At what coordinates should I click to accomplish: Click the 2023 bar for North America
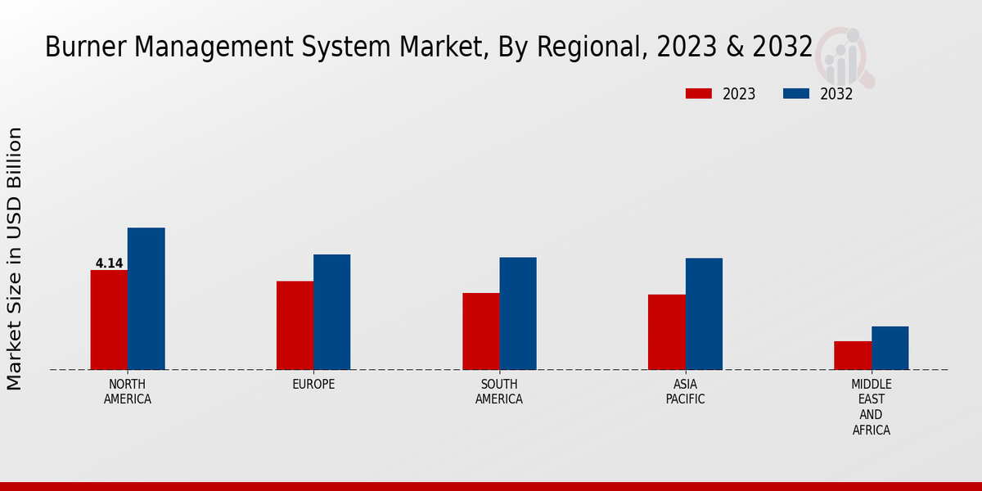(x=109, y=320)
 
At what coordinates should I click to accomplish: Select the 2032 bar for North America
(x=146, y=299)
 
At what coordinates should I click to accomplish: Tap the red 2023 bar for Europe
(x=295, y=326)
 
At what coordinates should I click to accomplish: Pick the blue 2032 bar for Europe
(x=331, y=312)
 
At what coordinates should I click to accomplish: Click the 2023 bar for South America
(x=480, y=331)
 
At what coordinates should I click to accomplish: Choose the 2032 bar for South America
(x=518, y=313)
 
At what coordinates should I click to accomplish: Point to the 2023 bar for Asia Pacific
(x=666, y=332)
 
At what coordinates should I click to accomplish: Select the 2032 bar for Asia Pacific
(x=704, y=314)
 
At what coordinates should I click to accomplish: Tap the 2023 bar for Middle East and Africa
(x=853, y=355)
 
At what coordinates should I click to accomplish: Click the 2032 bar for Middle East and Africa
(x=890, y=348)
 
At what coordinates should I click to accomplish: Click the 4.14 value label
(x=109, y=264)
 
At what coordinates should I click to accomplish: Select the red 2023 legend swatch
(x=698, y=94)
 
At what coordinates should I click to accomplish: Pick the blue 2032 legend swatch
(x=795, y=94)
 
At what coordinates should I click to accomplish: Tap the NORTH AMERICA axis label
(x=128, y=392)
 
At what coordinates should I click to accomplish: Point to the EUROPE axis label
(x=313, y=385)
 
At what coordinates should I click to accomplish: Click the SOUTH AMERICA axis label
(x=499, y=392)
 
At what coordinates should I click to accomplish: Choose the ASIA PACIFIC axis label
(x=685, y=392)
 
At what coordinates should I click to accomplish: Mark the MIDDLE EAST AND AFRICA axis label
(x=871, y=408)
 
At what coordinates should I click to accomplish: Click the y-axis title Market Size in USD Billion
(x=15, y=259)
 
